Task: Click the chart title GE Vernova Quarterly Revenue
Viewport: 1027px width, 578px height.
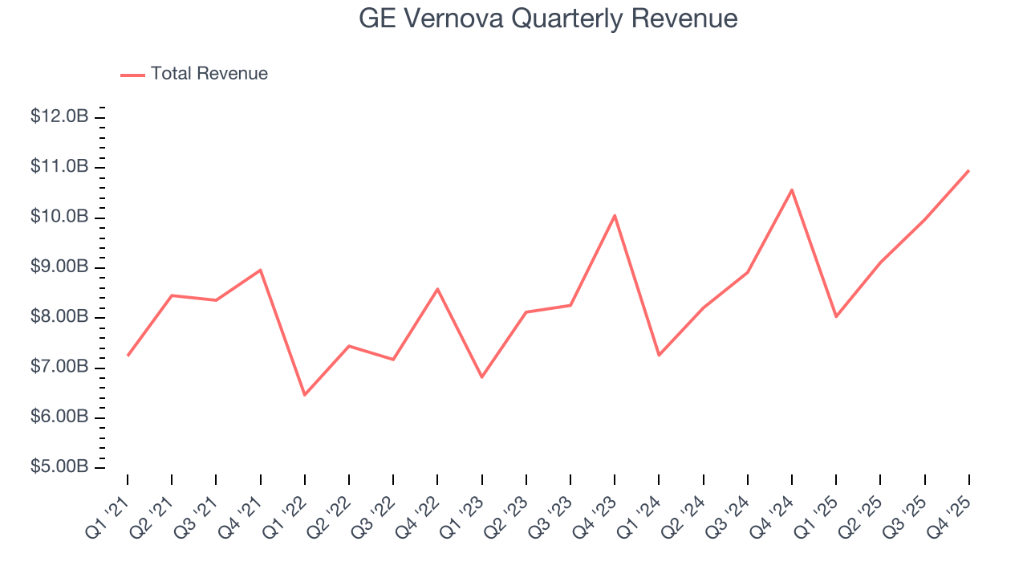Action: pos(548,18)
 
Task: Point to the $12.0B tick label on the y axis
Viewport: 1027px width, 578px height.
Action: pos(59,117)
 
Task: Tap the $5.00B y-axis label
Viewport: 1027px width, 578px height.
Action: pos(59,468)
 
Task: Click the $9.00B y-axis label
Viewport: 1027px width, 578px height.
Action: pos(59,267)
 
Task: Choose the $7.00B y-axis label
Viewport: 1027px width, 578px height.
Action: pos(59,368)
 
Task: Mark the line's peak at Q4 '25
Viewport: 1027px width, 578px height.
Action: pos(968,171)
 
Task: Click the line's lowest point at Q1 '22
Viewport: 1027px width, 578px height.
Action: pos(305,395)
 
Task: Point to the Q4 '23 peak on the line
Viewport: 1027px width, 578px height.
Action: pos(615,215)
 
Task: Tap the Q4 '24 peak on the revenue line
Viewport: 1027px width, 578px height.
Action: pos(792,189)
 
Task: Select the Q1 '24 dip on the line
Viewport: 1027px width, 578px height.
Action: pos(659,355)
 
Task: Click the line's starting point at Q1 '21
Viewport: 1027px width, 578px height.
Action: pos(128,356)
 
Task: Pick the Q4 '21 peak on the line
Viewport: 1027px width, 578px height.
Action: pos(261,270)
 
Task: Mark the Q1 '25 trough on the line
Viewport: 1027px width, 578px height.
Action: pos(836,316)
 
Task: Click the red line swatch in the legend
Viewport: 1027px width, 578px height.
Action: pos(132,75)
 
